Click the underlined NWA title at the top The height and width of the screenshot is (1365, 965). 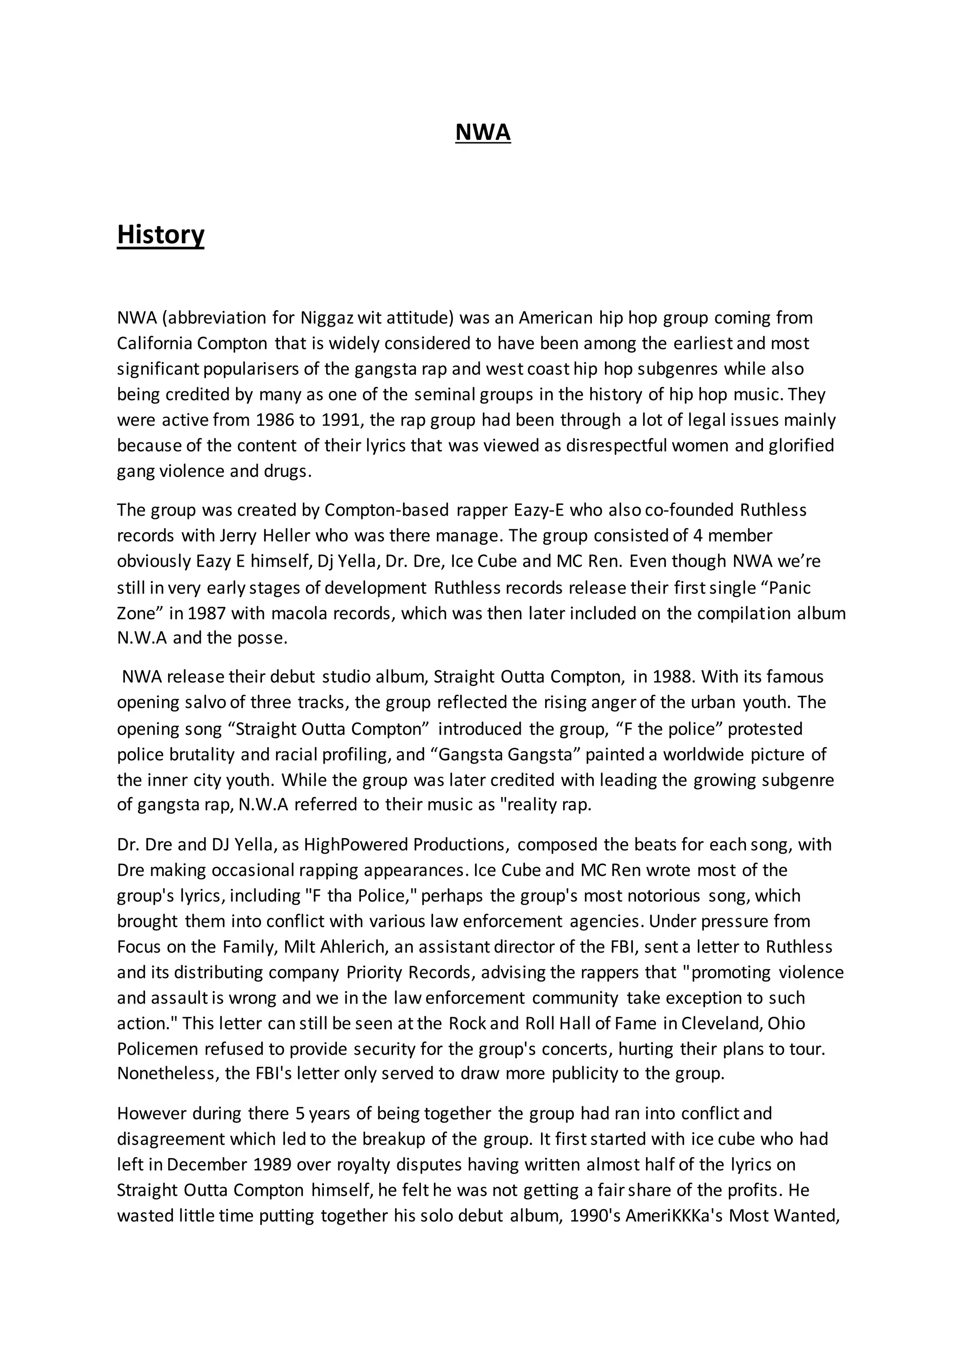click(482, 132)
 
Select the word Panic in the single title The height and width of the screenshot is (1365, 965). click(788, 588)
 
